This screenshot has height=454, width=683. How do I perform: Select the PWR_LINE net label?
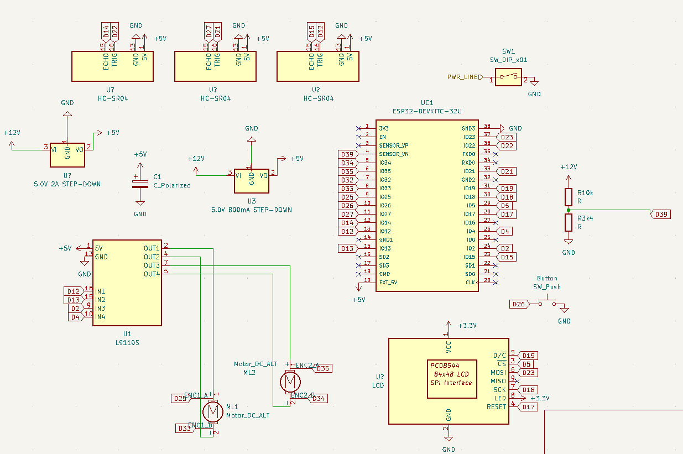(x=464, y=77)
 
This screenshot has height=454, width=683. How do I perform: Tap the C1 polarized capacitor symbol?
(x=140, y=184)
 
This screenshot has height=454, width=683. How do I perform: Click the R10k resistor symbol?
(x=568, y=197)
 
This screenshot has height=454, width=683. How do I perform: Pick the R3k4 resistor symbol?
(x=568, y=223)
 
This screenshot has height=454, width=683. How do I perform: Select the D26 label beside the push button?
(x=518, y=304)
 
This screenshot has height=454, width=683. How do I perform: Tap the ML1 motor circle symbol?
(x=212, y=411)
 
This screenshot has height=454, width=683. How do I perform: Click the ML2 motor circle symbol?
(x=290, y=381)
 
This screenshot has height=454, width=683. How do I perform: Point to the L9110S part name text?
(x=127, y=342)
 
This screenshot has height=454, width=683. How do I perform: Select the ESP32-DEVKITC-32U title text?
(x=426, y=111)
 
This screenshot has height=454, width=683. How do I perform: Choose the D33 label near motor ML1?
(x=184, y=428)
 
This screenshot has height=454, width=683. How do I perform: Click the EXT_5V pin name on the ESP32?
(x=388, y=283)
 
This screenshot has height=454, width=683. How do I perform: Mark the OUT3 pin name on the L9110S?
(x=152, y=265)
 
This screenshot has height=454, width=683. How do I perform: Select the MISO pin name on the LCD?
(x=498, y=381)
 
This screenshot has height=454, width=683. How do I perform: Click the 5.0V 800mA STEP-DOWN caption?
(x=252, y=210)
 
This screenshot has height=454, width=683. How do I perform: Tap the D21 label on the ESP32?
(x=507, y=171)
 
